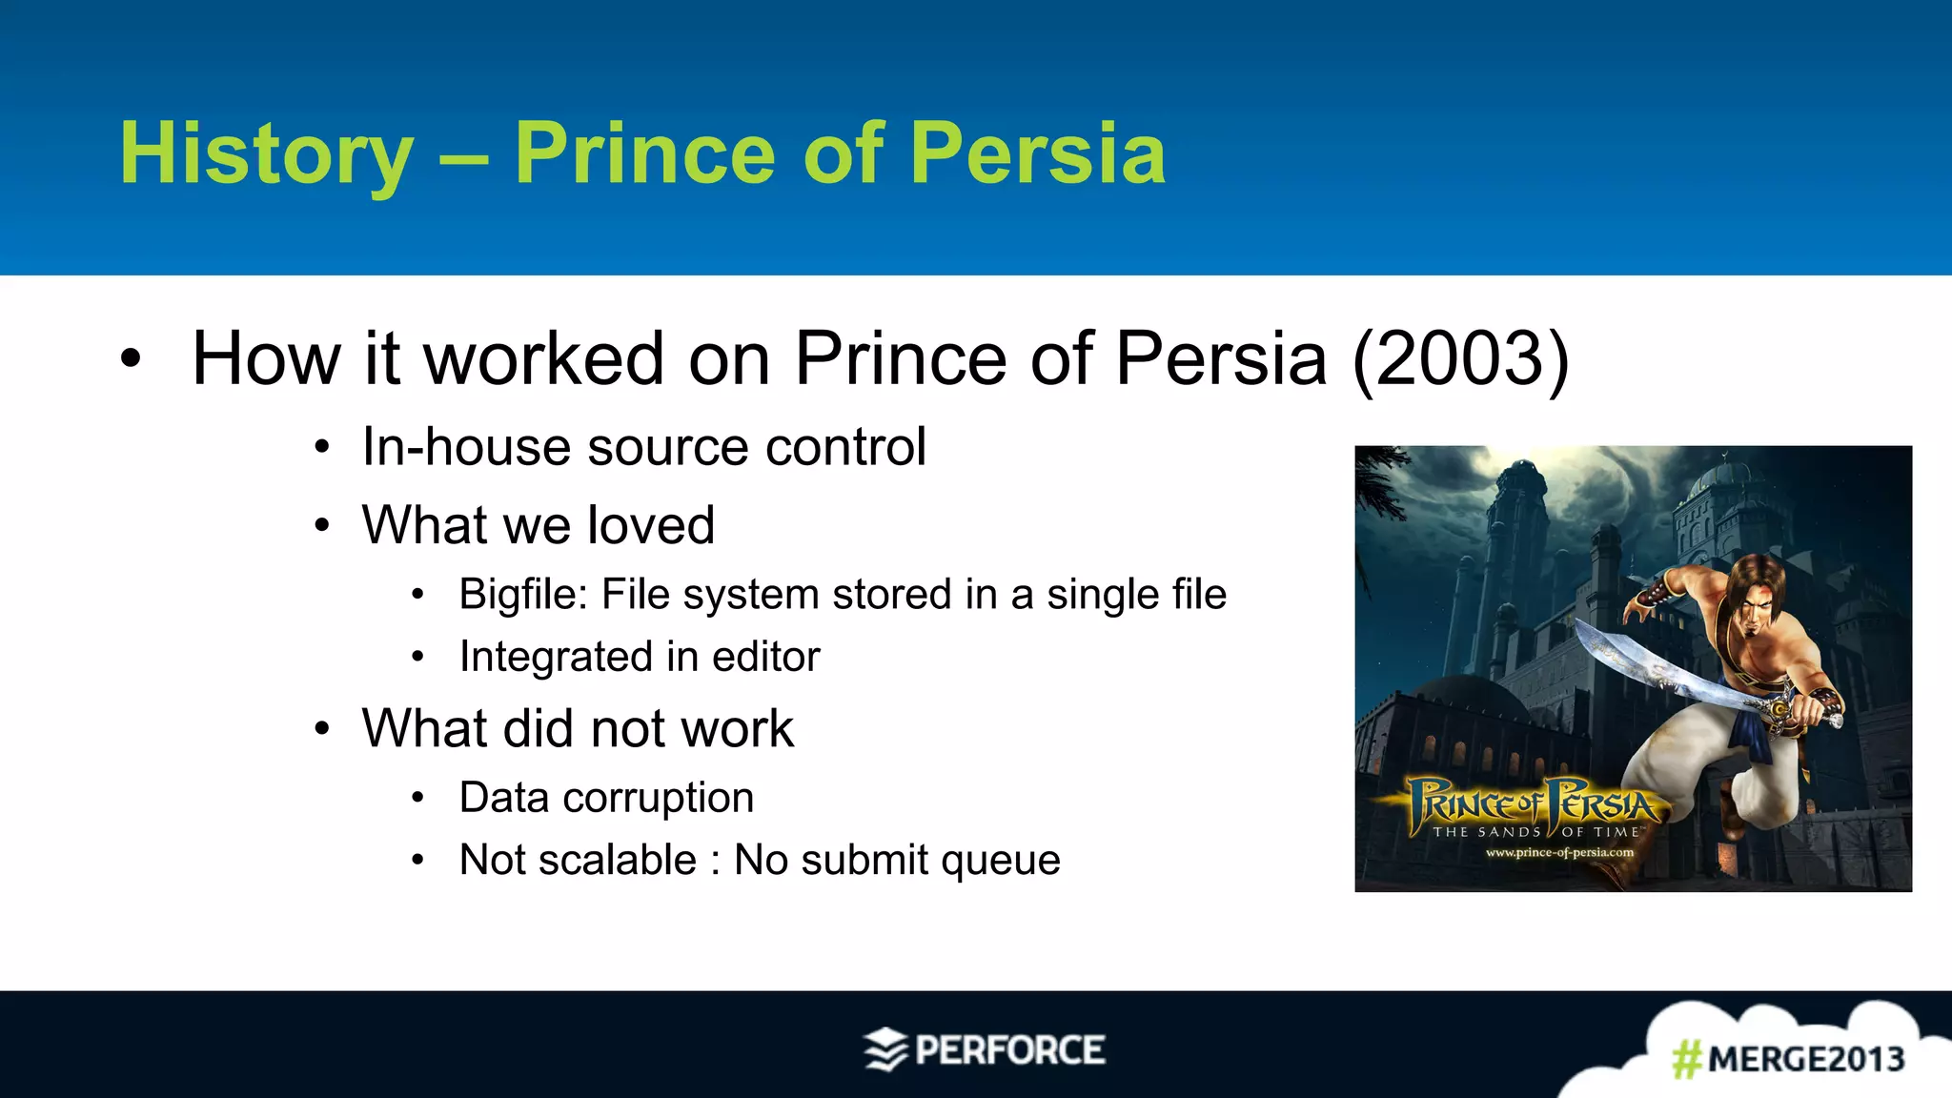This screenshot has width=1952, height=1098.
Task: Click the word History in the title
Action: [x=267, y=154]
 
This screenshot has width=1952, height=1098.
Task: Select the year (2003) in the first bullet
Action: [x=1460, y=358]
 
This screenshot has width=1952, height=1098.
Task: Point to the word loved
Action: [x=651, y=525]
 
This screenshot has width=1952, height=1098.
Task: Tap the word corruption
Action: [x=659, y=798]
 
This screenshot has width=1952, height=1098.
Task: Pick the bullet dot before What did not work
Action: [x=323, y=730]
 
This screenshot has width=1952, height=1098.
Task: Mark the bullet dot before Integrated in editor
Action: [x=417, y=657]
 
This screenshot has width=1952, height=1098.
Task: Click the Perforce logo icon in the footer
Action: [x=885, y=1049]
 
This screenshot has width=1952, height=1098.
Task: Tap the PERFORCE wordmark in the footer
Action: [x=1009, y=1050]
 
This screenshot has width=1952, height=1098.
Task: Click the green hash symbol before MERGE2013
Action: [x=1686, y=1059]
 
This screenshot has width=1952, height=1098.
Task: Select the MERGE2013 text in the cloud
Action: [x=1805, y=1059]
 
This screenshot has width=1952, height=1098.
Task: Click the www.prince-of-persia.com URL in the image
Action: [x=1559, y=852]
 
